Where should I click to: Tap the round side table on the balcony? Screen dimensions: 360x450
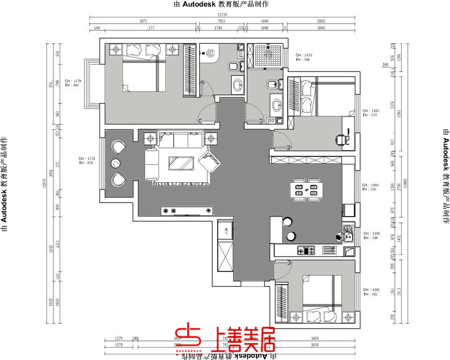[x=115, y=164]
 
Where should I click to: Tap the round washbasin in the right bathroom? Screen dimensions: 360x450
[x=276, y=105]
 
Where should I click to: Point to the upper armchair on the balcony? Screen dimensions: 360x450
[x=118, y=147]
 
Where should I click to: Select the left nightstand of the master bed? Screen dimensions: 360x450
[x=117, y=49]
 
